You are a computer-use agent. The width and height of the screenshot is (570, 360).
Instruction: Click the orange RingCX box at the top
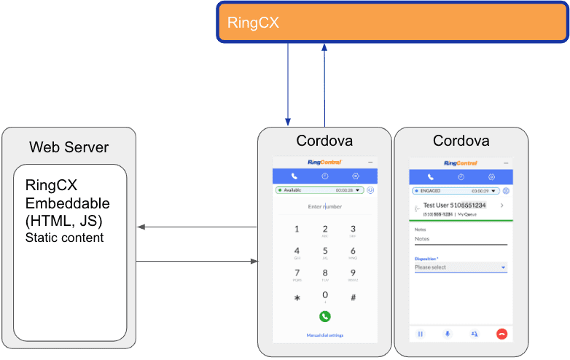[393, 23]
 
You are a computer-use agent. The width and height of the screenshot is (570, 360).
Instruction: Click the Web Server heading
[69, 147]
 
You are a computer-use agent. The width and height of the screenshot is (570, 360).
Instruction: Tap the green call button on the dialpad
[325, 316]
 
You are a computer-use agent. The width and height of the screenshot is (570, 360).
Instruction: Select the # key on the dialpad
[353, 297]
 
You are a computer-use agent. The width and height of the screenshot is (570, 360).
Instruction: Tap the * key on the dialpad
[297, 297]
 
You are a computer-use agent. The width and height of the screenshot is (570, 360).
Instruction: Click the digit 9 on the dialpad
[353, 273]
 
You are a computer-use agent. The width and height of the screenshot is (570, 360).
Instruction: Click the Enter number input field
[324, 207]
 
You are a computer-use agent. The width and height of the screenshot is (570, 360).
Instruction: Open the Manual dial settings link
[325, 335]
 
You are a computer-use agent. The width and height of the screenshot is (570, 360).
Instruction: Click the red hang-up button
[501, 334]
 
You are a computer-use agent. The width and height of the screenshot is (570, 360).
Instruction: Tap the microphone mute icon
[447, 334]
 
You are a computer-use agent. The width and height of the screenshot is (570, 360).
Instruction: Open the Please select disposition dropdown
[461, 267]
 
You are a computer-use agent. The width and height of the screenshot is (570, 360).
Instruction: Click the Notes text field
[461, 239]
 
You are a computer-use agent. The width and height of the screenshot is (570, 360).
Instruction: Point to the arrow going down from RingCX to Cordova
[288, 84]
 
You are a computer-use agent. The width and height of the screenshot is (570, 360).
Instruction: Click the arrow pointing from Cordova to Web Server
[197, 227]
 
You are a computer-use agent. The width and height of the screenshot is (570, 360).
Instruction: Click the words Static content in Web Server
[65, 238]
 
